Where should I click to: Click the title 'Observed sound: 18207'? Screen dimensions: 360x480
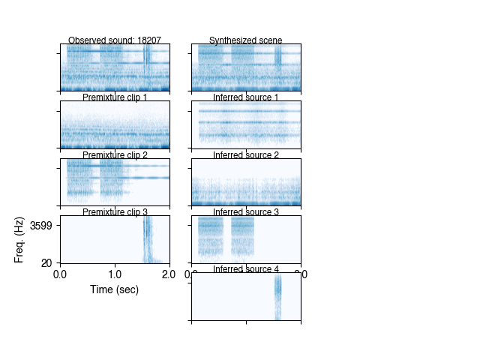(114, 40)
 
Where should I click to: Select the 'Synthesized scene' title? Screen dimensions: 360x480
(246, 40)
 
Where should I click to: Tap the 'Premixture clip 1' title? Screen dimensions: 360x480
(114, 97)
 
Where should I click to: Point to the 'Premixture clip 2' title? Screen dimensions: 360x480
(114, 155)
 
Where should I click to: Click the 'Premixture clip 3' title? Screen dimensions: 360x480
(114, 212)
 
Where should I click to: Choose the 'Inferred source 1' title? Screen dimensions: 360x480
(246, 97)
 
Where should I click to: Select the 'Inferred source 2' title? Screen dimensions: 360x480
(246, 155)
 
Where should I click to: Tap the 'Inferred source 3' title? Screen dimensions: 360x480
(246, 212)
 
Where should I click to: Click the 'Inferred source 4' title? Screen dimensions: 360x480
(246, 269)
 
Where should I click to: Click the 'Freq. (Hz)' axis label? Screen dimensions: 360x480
(19, 240)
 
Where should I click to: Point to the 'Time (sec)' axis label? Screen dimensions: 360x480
(114, 289)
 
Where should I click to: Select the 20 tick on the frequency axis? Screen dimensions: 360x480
(46, 262)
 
